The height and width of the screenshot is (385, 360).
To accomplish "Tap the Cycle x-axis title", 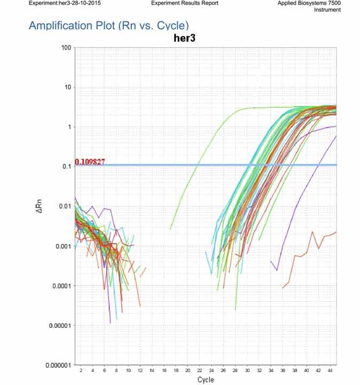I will [x=206, y=380].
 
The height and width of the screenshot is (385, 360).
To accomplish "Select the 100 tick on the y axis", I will [x=66, y=48].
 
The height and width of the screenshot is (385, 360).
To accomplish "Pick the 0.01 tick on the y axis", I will [x=64, y=206].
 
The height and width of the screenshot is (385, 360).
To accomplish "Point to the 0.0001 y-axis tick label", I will [x=61, y=286].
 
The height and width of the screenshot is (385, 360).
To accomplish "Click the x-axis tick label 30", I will [x=247, y=370].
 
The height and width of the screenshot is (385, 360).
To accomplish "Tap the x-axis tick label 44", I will [x=330, y=370].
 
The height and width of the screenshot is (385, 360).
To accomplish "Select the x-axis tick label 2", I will [x=81, y=370].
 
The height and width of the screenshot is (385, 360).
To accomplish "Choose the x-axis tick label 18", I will [x=176, y=370].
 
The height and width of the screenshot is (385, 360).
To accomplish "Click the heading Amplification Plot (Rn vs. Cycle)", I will [x=108, y=26].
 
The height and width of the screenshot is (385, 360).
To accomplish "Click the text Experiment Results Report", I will [x=185, y=3].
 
